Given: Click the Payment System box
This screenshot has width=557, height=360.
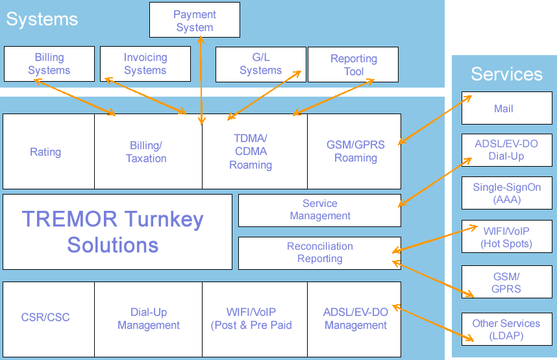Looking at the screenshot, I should [194, 20].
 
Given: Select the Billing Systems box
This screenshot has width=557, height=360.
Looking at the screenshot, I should [49, 64].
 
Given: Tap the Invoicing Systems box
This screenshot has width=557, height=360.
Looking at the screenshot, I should [145, 64].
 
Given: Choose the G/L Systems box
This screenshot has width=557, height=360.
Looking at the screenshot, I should [260, 64].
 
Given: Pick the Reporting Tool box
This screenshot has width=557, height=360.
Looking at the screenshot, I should [353, 64].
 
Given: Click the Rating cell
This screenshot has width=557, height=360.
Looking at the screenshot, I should [45, 152].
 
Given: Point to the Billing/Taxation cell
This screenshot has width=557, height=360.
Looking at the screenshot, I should [147, 152].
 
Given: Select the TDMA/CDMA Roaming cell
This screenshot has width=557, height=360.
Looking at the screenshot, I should [251, 152].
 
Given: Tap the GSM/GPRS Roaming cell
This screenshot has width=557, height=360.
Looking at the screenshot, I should [355, 151].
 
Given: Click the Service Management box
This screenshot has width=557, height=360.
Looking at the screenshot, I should [320, 210].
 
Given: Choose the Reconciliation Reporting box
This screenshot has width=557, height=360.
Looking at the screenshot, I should [320, 252].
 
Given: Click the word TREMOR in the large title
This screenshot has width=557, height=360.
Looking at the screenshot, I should [69, 219].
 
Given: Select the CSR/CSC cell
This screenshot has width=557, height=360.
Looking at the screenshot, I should [45, 318].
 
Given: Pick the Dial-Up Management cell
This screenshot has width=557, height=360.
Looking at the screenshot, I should [149, 318].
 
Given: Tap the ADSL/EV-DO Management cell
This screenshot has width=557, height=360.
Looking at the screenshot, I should [355, 318].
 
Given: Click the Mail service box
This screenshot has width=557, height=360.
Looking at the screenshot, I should [504, 108].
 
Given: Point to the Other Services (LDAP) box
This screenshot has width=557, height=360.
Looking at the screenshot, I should [506, 330].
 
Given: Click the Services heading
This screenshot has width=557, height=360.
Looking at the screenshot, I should [506, 74].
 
